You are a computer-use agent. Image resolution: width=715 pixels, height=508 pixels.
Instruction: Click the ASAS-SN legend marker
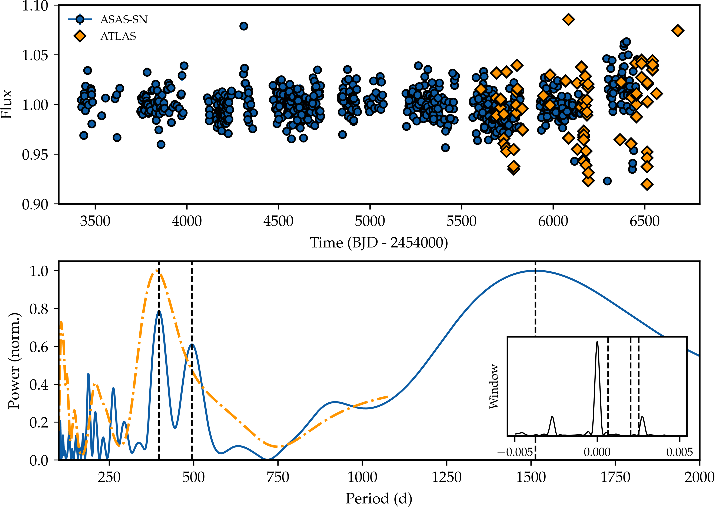[x=80, y=19]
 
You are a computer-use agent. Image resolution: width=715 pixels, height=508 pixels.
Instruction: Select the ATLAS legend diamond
[x=80, y=36]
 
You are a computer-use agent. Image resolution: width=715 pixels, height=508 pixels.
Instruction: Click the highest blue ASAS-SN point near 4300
[x=244, y=26]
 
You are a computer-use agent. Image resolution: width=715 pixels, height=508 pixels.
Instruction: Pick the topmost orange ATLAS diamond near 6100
[x=568, y=19]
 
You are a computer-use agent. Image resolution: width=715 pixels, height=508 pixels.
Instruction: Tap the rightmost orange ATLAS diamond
[x=678, y=31]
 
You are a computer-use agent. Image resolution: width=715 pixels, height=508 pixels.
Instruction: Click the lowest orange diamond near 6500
[x=647, y=184]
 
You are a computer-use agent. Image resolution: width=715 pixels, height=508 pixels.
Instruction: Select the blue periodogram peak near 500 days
[x=192, y=344]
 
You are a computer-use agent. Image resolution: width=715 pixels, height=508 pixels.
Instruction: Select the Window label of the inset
[x=494, y=387]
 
